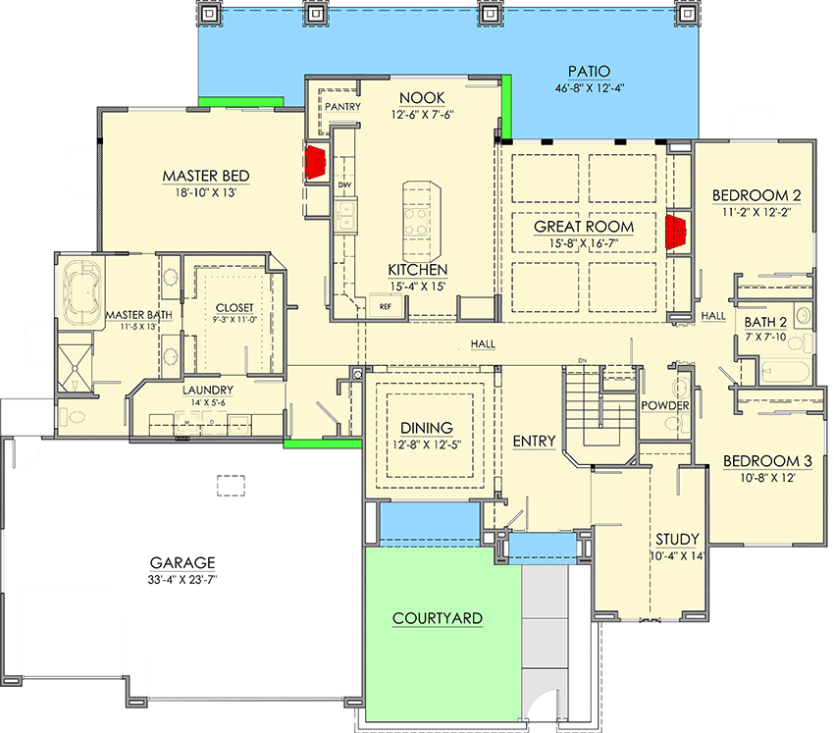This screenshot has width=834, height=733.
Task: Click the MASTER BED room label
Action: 206,177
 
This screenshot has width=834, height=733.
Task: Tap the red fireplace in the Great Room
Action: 675,233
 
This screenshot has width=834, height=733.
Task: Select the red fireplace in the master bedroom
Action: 317,162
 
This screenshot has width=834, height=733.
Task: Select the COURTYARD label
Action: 437,618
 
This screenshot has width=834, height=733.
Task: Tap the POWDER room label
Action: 665,406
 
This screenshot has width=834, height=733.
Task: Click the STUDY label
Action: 677,540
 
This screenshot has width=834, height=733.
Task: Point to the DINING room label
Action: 426,428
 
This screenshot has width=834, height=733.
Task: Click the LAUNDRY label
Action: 207,390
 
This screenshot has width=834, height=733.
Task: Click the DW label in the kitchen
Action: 343,184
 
